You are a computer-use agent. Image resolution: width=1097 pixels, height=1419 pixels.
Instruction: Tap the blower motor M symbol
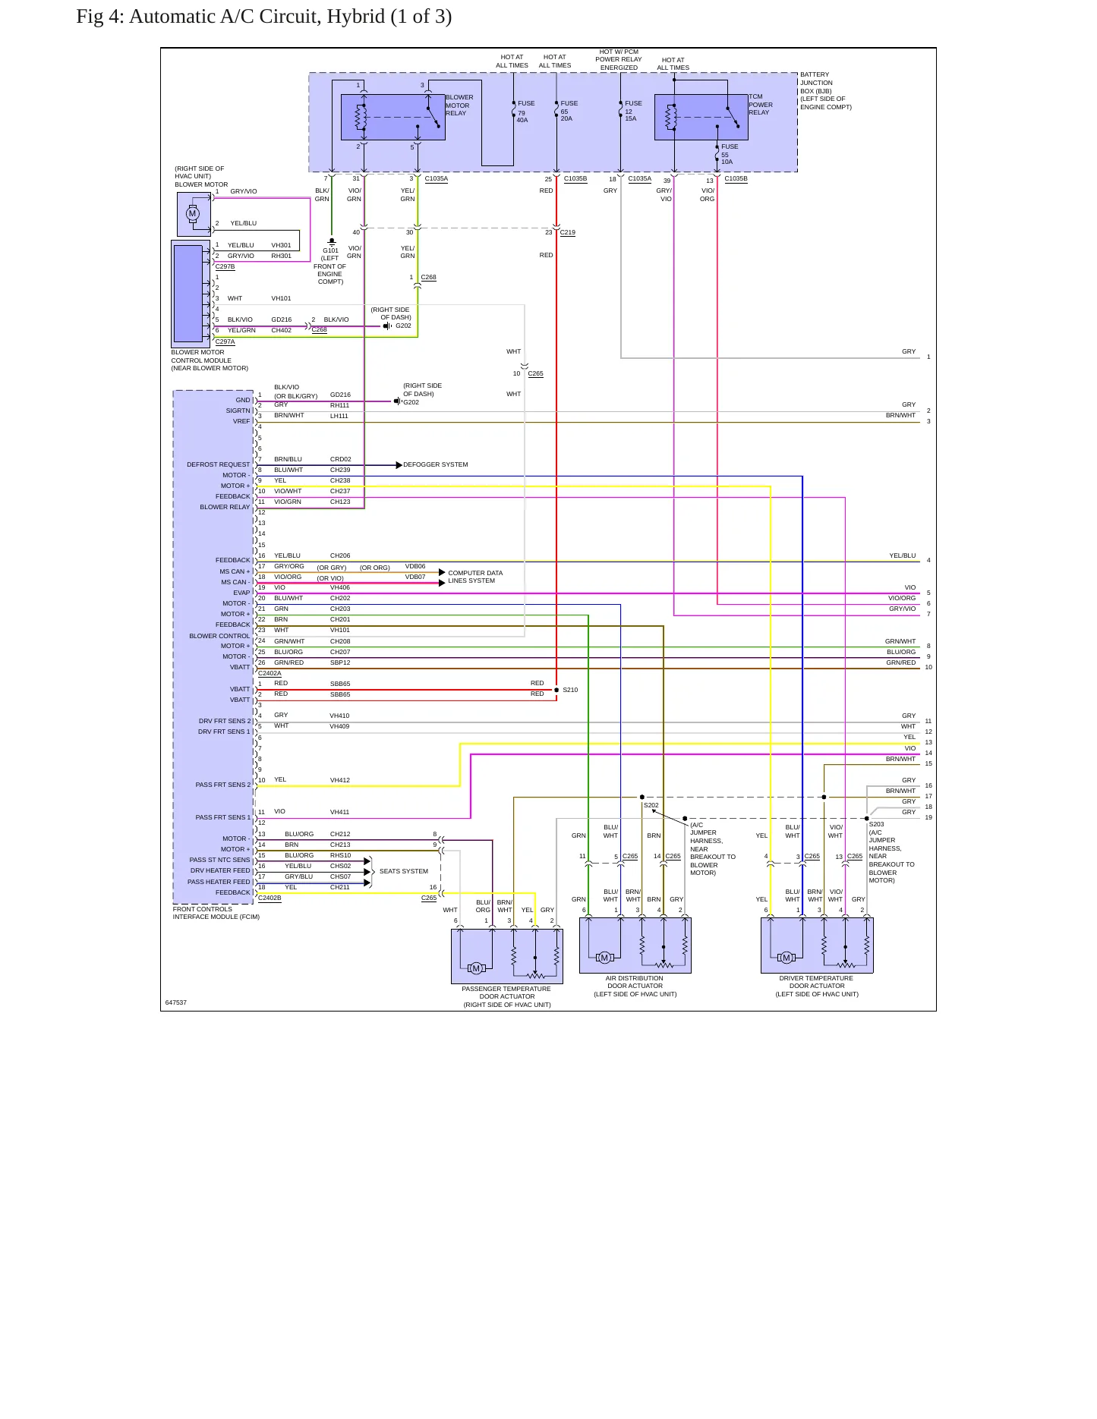coord(193,213)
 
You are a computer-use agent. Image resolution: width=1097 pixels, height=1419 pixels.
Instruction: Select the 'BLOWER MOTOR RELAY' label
coord(459,105)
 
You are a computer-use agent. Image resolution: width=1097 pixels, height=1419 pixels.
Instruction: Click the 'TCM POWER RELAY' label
coord(761,105)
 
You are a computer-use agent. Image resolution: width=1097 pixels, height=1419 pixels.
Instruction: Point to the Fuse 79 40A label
coord(526,112)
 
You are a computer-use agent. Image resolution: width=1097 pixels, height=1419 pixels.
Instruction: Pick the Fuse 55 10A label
coord(730,154)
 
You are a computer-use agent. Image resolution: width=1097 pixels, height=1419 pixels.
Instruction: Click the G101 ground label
coord(331,250)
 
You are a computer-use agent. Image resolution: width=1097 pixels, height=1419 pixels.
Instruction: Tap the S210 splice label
coord(570,690)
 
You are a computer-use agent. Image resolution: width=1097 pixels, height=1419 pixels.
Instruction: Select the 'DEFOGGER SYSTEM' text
coord(436,464)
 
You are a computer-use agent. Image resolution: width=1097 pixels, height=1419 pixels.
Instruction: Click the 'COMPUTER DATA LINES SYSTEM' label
coord(475,577)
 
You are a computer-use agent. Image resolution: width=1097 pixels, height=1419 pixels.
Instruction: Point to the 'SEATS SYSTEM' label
coord(404,871)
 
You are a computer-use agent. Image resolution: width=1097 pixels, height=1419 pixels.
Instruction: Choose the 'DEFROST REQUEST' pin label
coord(219,464)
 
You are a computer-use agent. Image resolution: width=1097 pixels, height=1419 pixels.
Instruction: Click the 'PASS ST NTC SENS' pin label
coord(219,860)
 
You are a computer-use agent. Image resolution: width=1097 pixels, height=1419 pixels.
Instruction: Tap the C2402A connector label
coord(270,673)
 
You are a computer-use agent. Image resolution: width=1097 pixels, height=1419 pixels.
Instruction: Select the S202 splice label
coord(651,805)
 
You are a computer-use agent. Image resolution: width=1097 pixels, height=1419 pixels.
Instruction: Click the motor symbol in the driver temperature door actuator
coord(786,958)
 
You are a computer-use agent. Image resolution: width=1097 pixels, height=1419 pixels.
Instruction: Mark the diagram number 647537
coord(176,1002)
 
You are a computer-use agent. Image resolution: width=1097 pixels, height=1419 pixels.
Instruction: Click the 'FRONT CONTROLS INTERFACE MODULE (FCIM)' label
coord(216,913)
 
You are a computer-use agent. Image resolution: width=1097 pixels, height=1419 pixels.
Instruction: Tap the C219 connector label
coord(568,232)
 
